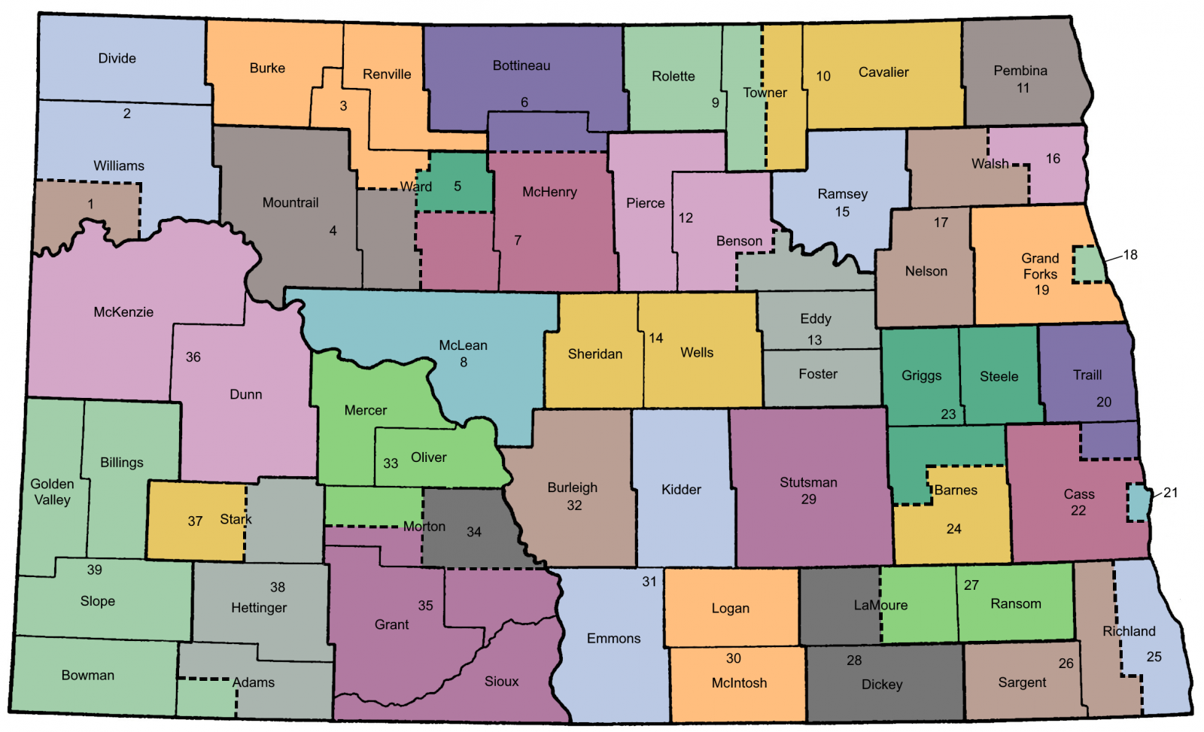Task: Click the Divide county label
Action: click(x=117, y=59)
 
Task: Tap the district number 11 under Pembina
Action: click(x=1023, y=88)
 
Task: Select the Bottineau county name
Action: click(x=521, y=66)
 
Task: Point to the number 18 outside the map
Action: click(x=1130, y=255)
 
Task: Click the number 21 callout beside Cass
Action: click(x=1170, y=493)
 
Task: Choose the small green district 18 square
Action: click(x=1087, y=265)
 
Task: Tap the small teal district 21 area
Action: click(x=1137, y=503)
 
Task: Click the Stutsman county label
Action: click(x=808, y=482)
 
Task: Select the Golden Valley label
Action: click(x=52, y=492)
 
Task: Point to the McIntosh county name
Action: click(x=739, y=683)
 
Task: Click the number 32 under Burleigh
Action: click(x=574, y=506)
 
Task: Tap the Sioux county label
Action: click(x=501, y=682)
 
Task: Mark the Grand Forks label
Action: click(x=1040, y=266)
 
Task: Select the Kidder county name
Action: click(x=681, y=490)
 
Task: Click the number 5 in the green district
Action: click(x=458, y=187)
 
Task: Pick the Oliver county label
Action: click(x=428, y=457)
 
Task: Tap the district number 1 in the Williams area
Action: click(x=90, y=204)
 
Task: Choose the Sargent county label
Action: click(x=1022, y=682)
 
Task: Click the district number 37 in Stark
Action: click(x=195, y=521)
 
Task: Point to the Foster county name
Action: click(x=818, y=374)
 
